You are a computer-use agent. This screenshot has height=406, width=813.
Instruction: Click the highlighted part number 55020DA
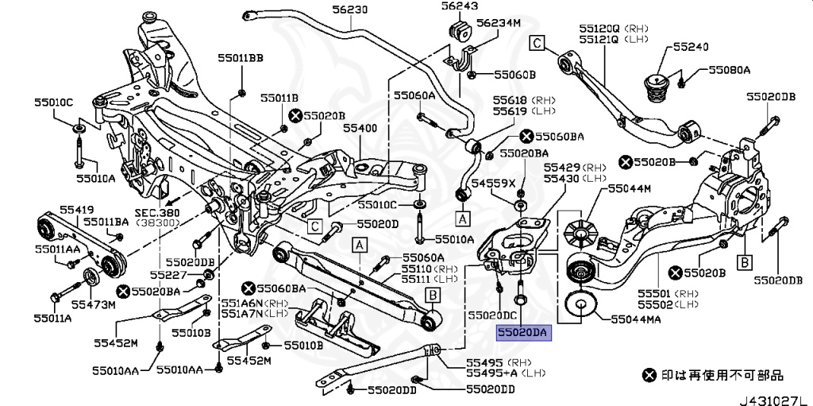[x=523, y=334]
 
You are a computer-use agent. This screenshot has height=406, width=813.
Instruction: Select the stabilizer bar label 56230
[x=349, y=10]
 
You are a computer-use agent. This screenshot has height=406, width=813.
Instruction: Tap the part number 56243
[x=461, y=6]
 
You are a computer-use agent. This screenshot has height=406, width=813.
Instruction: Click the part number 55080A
[x=724, y=70]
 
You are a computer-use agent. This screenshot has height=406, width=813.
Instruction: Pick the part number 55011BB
[x=241, y=57]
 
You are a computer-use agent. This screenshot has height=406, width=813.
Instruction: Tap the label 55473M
[x=93, y=304]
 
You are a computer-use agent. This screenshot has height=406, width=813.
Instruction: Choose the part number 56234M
[x=498, y=23]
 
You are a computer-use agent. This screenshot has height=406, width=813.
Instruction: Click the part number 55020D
[x=377, y=224]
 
